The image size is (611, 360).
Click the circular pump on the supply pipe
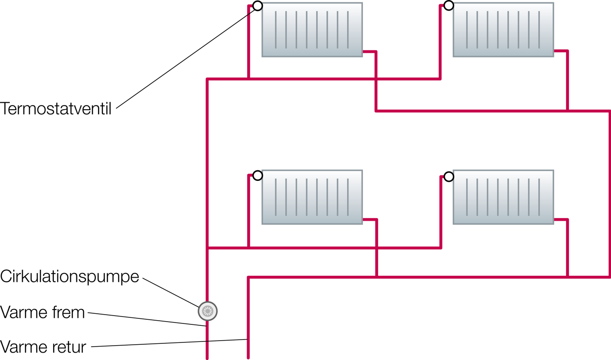click(207, 311)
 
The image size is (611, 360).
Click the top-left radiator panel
click(312, 30)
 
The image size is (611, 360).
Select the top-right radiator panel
click(503, 30)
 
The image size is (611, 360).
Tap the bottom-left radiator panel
click(312, 197)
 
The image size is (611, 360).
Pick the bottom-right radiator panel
click(503, 197)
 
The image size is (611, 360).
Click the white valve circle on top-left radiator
click(257, 6)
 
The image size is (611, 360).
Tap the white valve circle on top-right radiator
click(449, 6)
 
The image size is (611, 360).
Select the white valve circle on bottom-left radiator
click(257, 176)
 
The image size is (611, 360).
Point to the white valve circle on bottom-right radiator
click(449, 177)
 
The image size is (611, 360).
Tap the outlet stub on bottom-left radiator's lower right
click(370, 219)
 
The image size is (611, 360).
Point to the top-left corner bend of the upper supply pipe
click(207, 79)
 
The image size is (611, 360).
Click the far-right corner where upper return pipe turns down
click(609, 111)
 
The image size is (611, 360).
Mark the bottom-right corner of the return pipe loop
click(609, 277)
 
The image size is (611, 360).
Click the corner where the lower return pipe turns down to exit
click(248, 277)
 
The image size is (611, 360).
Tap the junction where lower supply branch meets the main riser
click(207, 248)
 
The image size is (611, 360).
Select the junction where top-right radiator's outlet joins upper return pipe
click(567, 111)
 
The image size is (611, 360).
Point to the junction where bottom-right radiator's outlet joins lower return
click(567, 277)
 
